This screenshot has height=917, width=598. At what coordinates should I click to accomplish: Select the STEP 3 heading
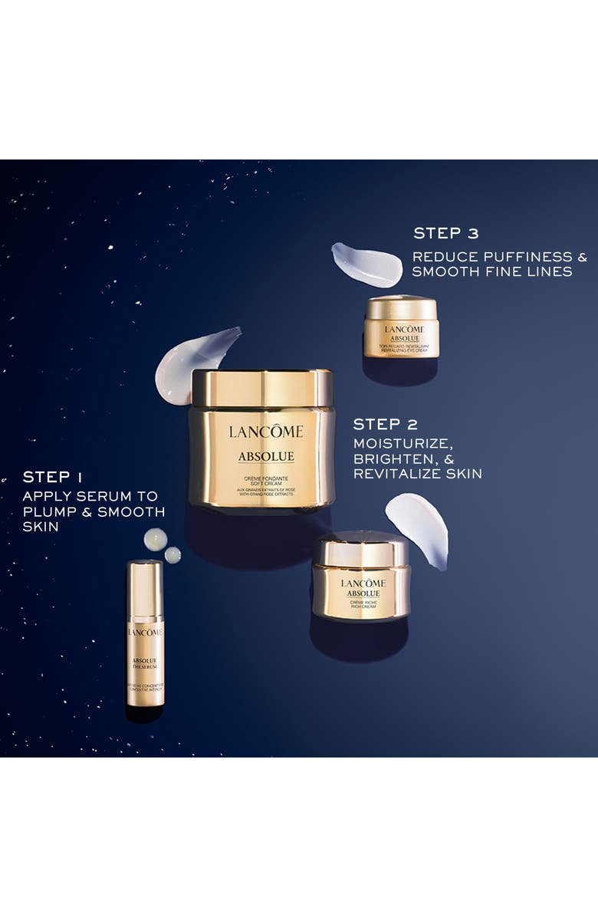[446, 233]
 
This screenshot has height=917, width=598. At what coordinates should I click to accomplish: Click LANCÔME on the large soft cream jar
[265, 432]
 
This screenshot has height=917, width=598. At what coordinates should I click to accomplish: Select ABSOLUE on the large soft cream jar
[265, 457]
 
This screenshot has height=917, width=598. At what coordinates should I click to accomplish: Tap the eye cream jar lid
[401, 307]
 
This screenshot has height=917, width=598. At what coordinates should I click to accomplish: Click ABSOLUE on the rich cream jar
[363, 593]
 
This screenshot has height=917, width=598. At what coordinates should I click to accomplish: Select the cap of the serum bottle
[145, 587]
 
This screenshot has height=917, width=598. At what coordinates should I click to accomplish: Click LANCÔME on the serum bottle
[145, 632]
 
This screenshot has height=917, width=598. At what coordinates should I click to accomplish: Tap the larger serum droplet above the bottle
[156, 539]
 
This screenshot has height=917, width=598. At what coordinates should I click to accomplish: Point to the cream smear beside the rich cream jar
[419, 527]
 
